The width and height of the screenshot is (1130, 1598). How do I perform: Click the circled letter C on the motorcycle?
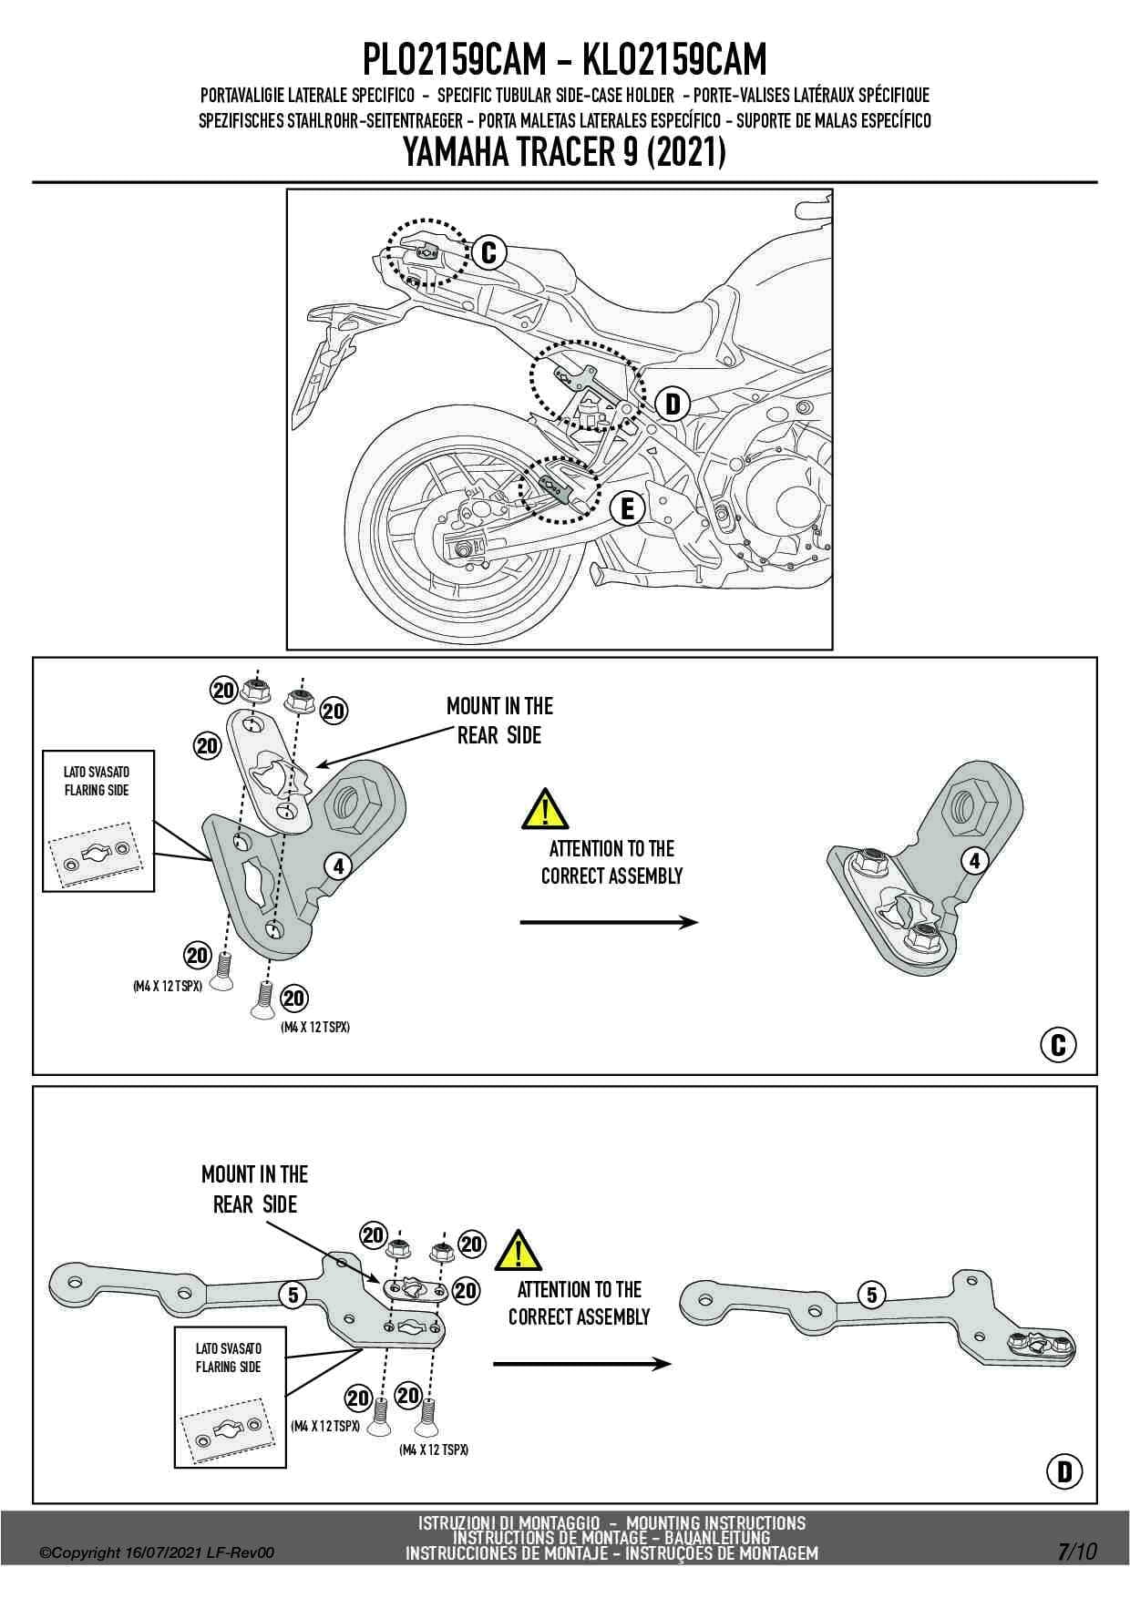tap(488, 252)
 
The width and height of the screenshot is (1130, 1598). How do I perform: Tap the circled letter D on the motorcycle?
tap(673, 404)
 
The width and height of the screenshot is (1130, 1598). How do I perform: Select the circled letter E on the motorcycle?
tap(627, 509)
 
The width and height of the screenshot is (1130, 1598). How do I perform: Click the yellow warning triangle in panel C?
tap(544, 809)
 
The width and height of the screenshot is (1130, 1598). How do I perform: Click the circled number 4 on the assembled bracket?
tap(975, 860)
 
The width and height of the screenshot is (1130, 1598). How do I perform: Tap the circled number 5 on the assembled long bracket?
tap(872, 1295)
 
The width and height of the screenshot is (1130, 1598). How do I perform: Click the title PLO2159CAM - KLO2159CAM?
tap(564, 60)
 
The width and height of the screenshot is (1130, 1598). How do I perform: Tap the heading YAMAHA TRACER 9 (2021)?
tap(564, 152)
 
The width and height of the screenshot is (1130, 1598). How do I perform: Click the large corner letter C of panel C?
tap(1058, 1044)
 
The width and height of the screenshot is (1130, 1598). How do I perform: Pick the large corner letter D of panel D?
tap(1063, 1471)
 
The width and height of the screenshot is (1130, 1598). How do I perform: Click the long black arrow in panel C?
tap(608, 923)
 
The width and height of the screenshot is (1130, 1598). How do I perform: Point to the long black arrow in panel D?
tap(581, 1364)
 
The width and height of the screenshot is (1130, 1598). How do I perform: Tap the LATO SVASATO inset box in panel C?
tap(98, 820)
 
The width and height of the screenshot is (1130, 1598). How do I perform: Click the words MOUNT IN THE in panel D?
tap(254, 1173)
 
